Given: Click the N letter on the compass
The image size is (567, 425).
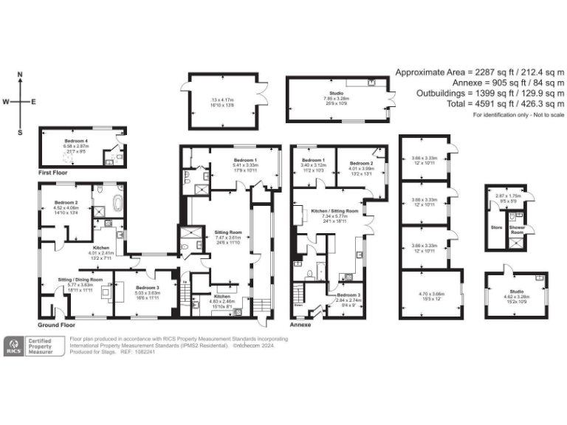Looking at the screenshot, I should click(21, 75).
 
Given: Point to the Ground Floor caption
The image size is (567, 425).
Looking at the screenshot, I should click(57, 325).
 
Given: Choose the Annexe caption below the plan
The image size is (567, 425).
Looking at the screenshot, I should click(301, 325).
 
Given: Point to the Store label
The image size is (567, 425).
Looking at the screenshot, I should click(496, 227).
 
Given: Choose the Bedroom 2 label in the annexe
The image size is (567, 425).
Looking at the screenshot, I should click(361, 163).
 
